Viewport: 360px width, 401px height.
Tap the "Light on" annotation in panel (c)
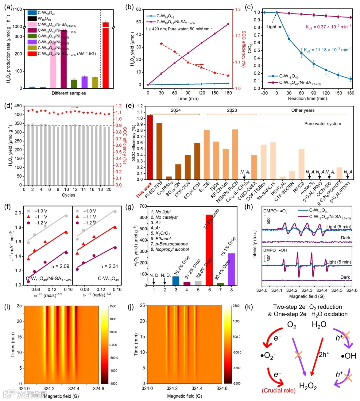(x=274, y=27)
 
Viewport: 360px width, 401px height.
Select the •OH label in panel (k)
(x=348, y=356)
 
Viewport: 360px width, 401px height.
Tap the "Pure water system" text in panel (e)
(x=322, y=124)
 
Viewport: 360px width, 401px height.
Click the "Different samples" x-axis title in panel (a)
(x=69, y=93)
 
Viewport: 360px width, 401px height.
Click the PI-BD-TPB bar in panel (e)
(x=159, y=151)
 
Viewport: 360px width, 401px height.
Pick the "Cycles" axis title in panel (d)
(x=68, y=195)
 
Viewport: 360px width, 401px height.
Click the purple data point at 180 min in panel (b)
(x=228, y=24)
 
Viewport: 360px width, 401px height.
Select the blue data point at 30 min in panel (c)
(x=289, y=39)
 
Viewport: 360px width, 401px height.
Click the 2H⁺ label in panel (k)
(x=324, y=355)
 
